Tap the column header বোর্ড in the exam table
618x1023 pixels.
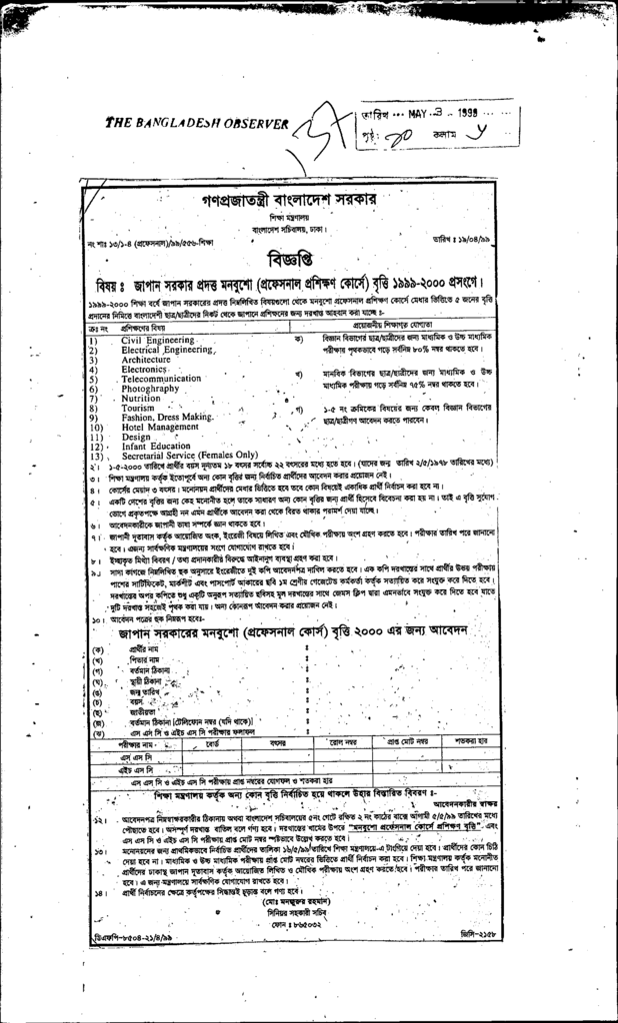pyautogui.click(x=212, y=744)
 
